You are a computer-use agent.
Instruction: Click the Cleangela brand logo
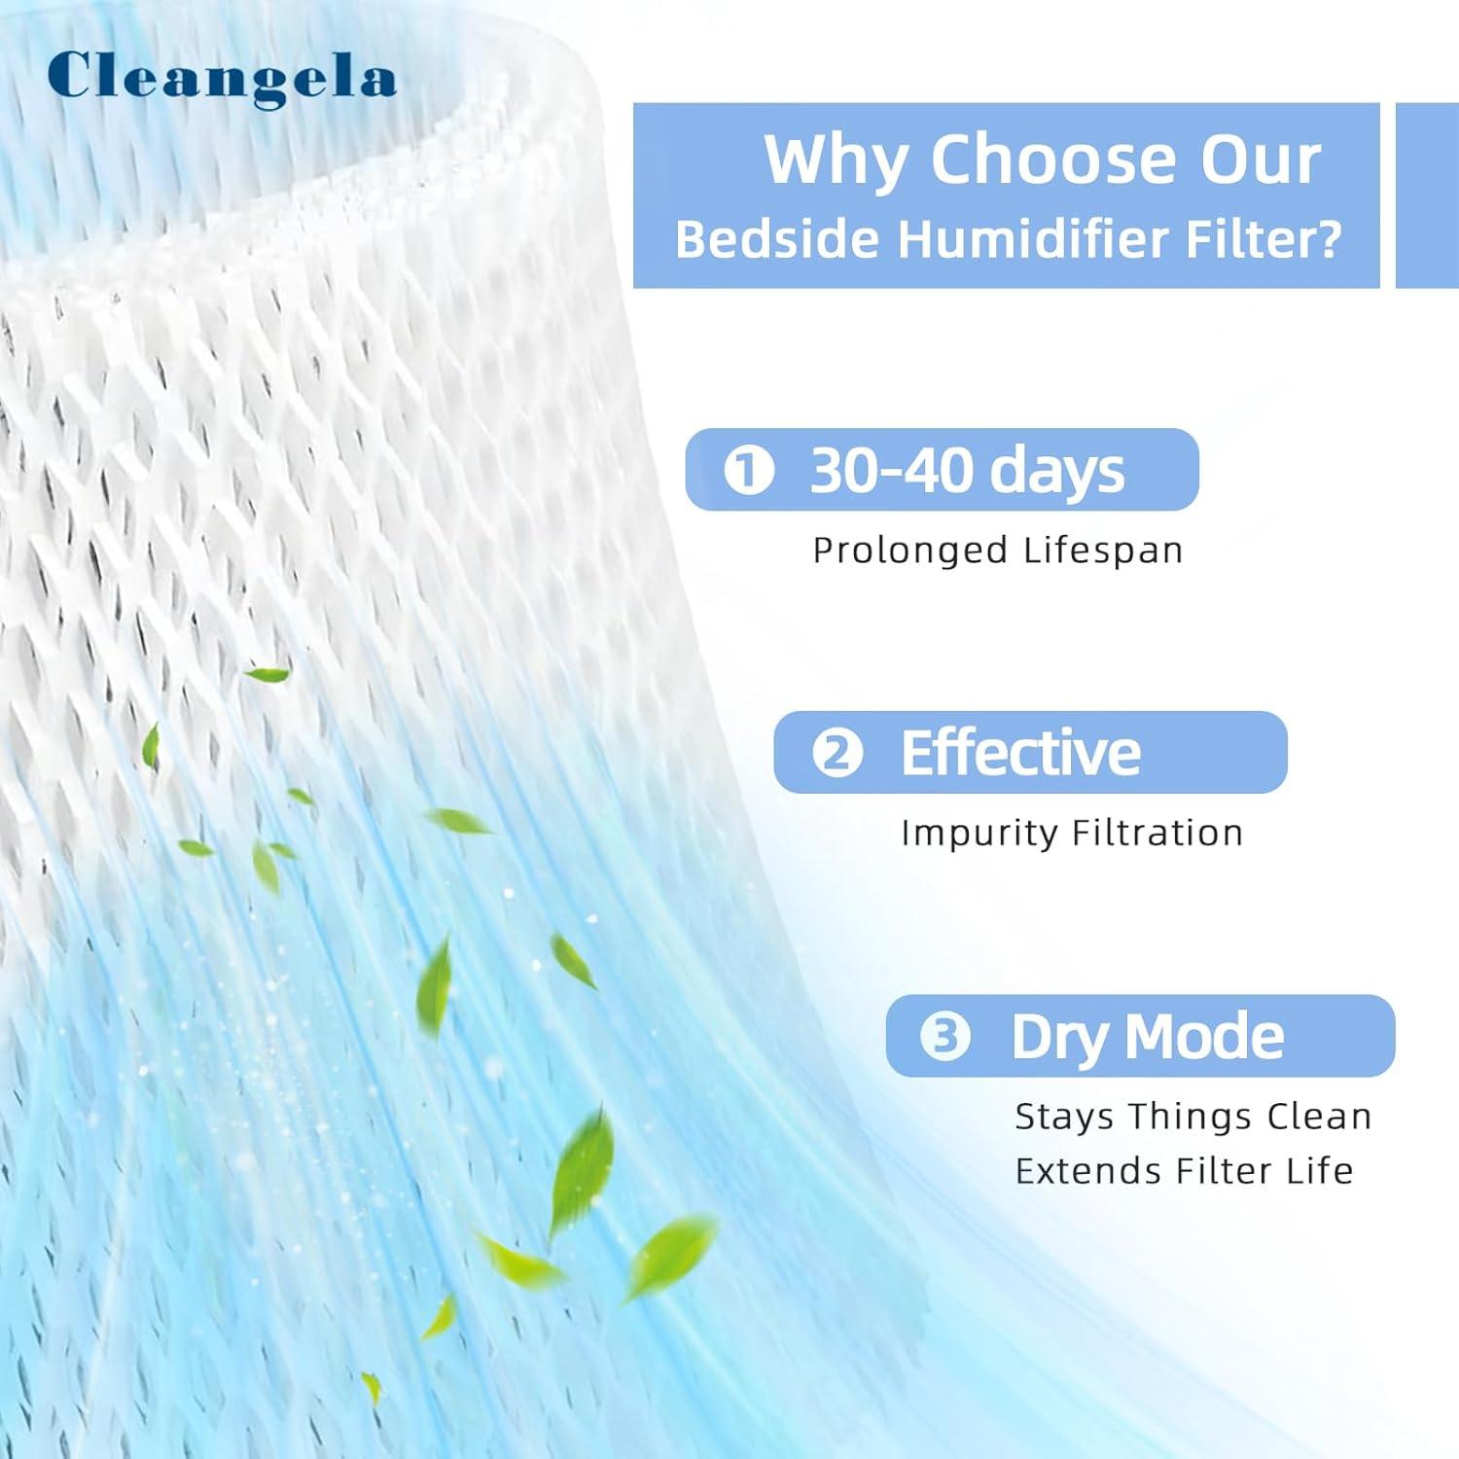pos(222,77)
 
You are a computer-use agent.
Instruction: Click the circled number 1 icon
pos(749,471)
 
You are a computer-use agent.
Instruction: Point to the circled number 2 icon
pos(837,754)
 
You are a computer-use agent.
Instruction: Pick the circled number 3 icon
pos(945,1036)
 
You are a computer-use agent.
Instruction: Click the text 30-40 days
pos(967,471)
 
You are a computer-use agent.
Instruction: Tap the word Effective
pos(1020,753)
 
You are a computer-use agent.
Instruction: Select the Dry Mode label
pos(1148,1036)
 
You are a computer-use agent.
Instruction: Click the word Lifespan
pos(1103,551)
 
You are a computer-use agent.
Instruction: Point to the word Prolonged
pos(909,551)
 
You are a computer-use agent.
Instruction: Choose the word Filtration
pos(1157,834)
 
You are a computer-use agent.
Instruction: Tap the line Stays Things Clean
pos(1192,1117)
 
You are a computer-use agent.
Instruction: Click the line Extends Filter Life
pos(1184,1171)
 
